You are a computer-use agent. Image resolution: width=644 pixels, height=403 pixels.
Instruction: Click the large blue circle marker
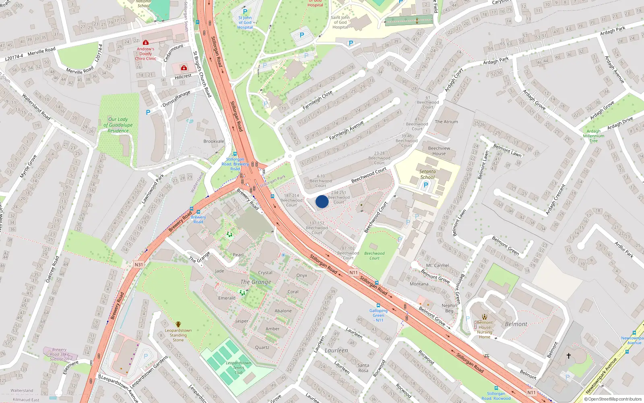coord(322,201)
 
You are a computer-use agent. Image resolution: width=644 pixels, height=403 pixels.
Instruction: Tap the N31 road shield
coord(138,265)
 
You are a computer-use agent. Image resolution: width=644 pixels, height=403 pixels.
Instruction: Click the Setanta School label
coord(427,174)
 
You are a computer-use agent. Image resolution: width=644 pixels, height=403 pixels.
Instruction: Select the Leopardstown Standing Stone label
coord(178,335)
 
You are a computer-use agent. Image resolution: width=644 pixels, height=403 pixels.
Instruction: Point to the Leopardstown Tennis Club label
coord(238,368)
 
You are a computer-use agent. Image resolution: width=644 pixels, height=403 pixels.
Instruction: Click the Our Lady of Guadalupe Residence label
coord(118,125)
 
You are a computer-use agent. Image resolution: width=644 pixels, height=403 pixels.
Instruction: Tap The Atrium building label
coord(446,122)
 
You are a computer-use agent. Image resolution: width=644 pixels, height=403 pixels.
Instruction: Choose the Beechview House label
coord(439,151)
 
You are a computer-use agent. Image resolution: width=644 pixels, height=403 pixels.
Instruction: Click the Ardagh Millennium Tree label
coord(593,136)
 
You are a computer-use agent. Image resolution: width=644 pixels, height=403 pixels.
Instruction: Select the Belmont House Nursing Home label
coord(485,330)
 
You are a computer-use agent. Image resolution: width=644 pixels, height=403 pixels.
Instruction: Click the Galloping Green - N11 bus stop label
coord(378,315)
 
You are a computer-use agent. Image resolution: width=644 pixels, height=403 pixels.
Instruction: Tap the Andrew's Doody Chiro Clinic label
coord(145,54)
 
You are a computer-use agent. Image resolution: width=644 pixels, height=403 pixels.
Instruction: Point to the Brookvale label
coord(214,141)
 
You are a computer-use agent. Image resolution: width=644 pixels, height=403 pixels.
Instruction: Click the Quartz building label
coord(262,347)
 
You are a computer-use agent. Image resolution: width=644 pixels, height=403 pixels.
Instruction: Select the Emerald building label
coord(227,298)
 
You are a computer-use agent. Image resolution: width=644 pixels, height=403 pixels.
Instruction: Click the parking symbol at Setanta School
coord(426,185)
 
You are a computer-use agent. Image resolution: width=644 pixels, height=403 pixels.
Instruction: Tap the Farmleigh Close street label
coord(318,100)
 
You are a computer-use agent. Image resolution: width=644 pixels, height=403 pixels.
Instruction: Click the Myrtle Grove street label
coord(28,166)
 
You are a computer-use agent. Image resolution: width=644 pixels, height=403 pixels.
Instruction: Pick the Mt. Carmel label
coord(438,266)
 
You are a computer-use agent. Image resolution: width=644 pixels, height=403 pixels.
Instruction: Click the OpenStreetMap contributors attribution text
coord(613,399)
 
